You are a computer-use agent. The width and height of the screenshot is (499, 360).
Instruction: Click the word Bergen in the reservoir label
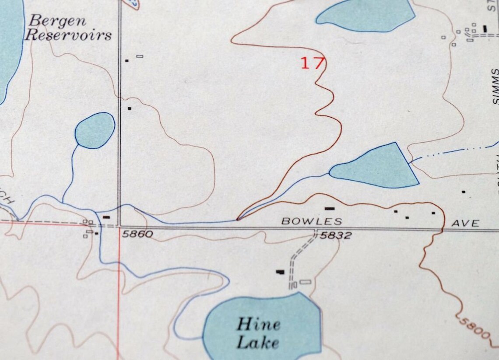click(58, 20)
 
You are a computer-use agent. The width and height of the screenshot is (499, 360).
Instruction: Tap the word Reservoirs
click(68, 35)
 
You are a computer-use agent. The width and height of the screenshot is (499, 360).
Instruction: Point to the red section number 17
click(312, 63)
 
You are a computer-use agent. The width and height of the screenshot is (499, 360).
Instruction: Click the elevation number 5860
click(137, 234)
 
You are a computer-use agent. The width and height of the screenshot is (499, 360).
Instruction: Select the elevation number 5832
click(336, 236)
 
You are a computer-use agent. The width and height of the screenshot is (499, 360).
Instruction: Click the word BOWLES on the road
click(311, 222)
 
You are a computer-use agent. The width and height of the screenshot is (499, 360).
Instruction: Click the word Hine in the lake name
click(258, 325)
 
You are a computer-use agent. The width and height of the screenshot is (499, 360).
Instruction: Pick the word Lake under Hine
click(257, 342)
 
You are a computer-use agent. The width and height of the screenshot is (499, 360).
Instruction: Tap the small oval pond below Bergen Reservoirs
click(95, 130)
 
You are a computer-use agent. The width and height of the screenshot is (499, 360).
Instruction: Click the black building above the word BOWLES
click(330, 209)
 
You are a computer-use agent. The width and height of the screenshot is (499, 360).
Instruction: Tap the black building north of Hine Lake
click(280, 272)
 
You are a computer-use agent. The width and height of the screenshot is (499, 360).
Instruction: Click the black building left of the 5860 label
click(106, 217)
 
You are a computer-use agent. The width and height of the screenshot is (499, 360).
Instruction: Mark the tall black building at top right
click(485, 28)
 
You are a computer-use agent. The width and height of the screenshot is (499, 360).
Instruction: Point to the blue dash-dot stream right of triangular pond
click(455, 152)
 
